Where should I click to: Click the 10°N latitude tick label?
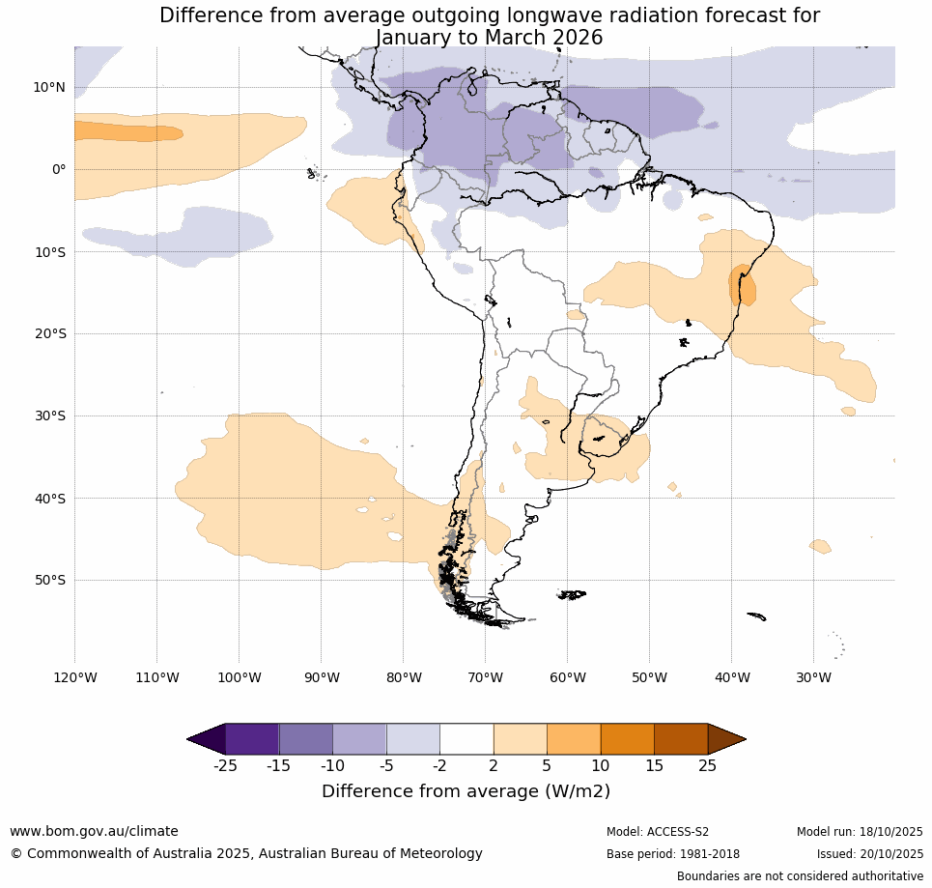tap(49, 88)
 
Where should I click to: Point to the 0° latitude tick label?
tap(59, 170)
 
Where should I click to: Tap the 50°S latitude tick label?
tap(49, 581)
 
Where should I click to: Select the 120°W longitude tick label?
tap(74, 677)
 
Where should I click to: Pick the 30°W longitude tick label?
tap(813, 677)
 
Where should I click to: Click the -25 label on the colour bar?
tap(225, 766)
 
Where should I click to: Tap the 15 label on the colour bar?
tap(654, 766)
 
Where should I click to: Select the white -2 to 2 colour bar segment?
tap(466, 739)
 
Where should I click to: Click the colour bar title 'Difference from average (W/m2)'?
tap(466, 791)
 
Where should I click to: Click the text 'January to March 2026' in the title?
tap(489, 38)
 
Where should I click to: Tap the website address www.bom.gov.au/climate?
tap(94, 831)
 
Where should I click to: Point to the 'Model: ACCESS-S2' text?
tap(658, 832)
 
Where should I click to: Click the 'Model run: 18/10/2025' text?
tap(860, 832)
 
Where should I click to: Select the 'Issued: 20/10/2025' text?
tap(870, 854)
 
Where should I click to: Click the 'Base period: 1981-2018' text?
tap(672, 854)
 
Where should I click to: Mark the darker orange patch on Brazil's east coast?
tap(742, 285)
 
